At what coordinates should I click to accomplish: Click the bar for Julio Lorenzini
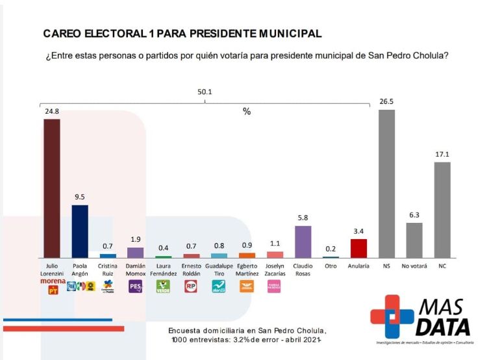52,188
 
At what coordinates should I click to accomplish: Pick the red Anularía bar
358,249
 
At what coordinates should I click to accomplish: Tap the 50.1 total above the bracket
205,92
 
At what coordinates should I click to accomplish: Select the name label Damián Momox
135,270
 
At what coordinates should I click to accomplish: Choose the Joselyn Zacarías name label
275,270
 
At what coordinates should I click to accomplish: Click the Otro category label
331,266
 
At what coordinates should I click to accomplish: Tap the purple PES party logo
135,286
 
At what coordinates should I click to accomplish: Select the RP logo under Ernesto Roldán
191,286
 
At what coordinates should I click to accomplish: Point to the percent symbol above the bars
247,111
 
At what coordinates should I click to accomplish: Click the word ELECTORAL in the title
113,32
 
